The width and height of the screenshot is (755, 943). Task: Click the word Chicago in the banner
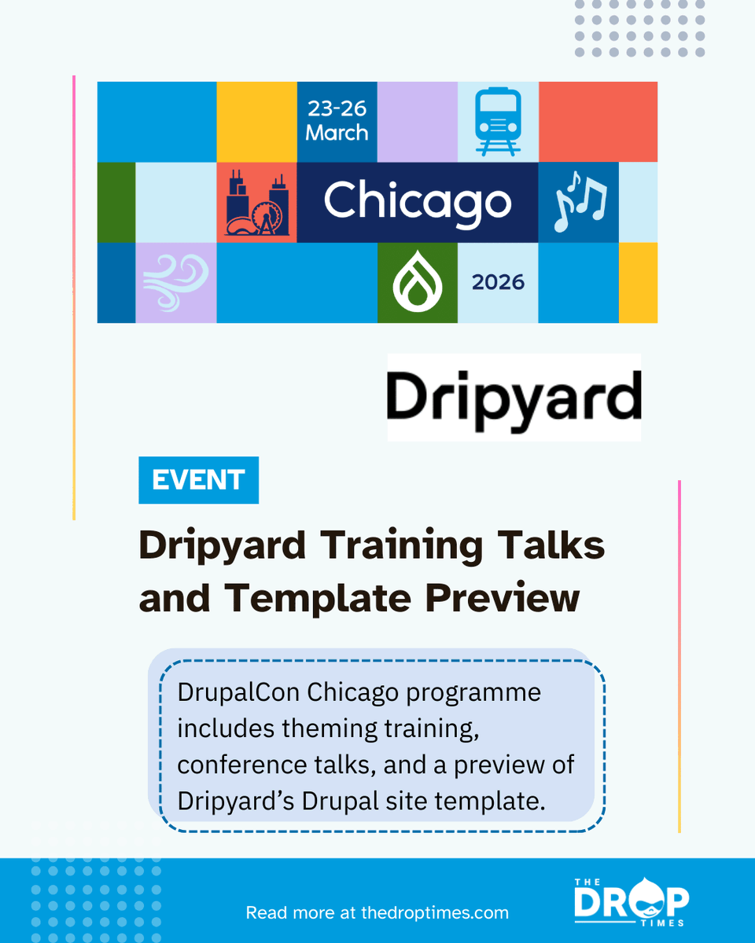[418, 203]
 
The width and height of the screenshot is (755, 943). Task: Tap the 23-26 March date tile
[337, 121]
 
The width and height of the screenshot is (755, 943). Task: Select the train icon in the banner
[498, 122]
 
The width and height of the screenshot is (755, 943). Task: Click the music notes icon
[580, 202]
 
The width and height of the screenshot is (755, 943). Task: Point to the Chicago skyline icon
[257, 203]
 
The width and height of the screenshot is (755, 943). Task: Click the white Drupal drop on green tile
[417, 283]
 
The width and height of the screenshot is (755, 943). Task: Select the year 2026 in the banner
[498, 282]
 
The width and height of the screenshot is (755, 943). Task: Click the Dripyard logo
[514, 397]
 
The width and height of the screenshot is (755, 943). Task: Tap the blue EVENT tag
[198, 480]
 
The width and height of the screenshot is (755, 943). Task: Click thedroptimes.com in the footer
[435, 913]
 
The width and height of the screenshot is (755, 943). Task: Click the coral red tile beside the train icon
[598, 122]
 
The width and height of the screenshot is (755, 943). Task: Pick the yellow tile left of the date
[256, 122]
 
